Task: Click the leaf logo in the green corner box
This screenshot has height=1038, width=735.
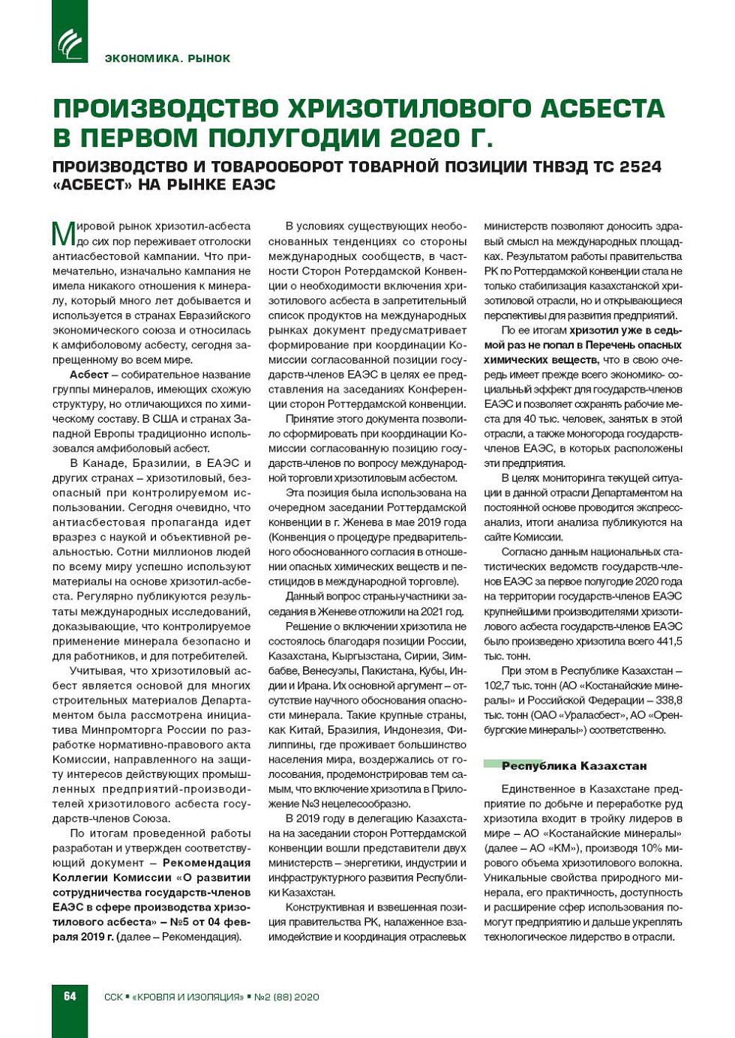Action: click(x=70, y=43)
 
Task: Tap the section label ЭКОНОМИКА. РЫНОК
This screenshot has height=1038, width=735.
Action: click(x=168, y=58)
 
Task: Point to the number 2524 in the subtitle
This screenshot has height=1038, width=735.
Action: click(x=640, y=166)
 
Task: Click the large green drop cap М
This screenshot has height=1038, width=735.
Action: click(x=63, y=233)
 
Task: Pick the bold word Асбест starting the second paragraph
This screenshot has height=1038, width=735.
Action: click(x=89, y=375)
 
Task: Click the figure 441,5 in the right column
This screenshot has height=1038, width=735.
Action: click(x=667, y=642)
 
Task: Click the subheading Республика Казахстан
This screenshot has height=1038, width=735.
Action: click(x=574, y=766)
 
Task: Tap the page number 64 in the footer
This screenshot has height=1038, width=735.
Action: click(x=70, y=996)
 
